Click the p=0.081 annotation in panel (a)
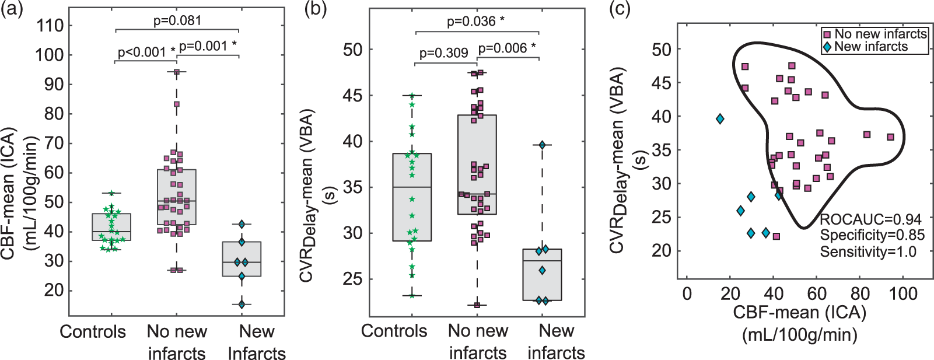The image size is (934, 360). pyautogui.click(x=177, y=20)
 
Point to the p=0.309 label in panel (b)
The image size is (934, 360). pyautogui.click(x=443, y=54)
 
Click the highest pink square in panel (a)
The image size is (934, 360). pyautogui.click(x=176, y=72)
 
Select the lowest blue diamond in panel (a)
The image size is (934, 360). pyautogui.click(x=242, y=305)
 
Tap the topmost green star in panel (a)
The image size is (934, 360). pyautogui.click(x=111, y=193)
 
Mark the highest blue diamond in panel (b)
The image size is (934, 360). pyautogui.click(x=542, y=145)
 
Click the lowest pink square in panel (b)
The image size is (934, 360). pyautogui.click(x=477, y=305)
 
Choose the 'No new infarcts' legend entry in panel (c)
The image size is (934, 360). pyautogui.click(x=875, y=34)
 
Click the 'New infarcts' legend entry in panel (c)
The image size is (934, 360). pyautogui.click(x=865, y=46)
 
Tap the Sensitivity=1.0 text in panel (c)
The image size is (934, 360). pyautogui.click(x=869, y=251)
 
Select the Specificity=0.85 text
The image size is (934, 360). pyautogui.click(x=872, y=236)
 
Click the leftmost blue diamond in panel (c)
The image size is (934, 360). pyautogui.click(x=720, y=119)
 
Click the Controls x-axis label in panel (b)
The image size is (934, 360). pyautogui.click(x=394, y=331)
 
